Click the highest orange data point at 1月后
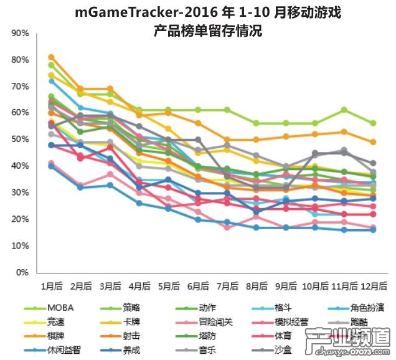tap(51, 57)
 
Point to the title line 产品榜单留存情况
tap(198, 29)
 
